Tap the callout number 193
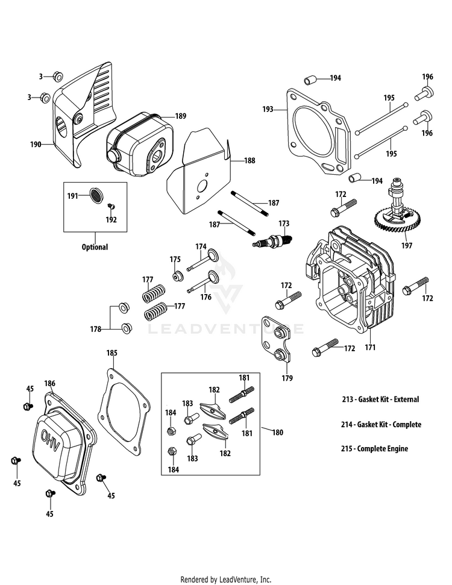click(x=268, y=110)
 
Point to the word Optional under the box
click(x=95, y=247)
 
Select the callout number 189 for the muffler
click(x=181, y=116)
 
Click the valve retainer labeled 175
click(x=178, y=276)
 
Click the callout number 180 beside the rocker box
click(x=277, y=432)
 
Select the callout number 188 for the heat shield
click(x=250, y=161)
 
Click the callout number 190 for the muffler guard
click(x=36, y=145)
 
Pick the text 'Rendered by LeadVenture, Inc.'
click(x=225, y=580)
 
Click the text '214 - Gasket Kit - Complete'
click(x=380, y=424)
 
